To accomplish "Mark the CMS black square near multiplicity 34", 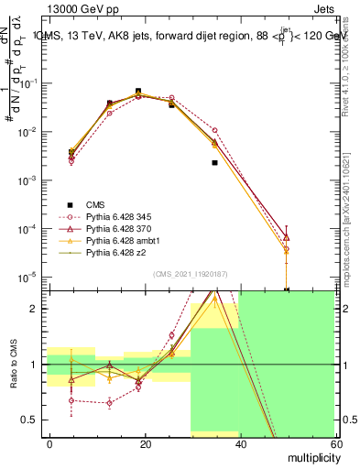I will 214,162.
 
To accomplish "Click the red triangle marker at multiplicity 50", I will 287,237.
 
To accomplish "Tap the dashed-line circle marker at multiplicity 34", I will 214,130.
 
